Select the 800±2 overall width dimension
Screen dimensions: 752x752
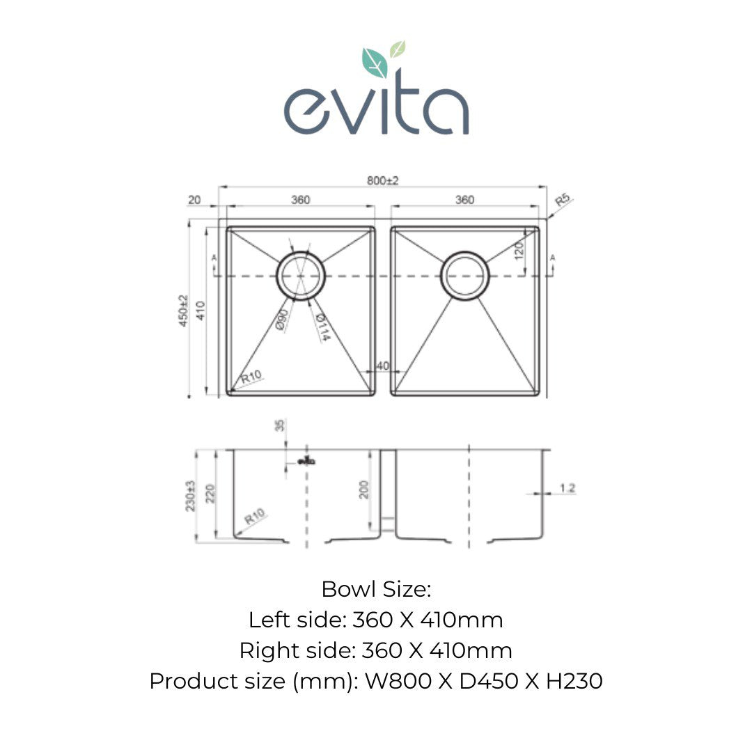(383, 180)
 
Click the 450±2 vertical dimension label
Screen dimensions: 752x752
(184, 311)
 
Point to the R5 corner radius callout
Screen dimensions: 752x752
(562, 203)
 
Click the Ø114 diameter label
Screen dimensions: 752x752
(322, 327)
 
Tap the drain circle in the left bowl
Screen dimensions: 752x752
(301, 276)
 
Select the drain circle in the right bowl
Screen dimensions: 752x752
(465, 276)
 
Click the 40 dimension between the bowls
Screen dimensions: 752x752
(382, 366)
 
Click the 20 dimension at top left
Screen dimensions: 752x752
(194, 201)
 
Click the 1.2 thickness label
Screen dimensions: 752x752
(567, 489)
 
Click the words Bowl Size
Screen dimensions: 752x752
(376, 590)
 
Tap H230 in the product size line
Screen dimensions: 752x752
(574, 681)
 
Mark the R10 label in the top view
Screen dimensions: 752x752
(251, 378)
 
